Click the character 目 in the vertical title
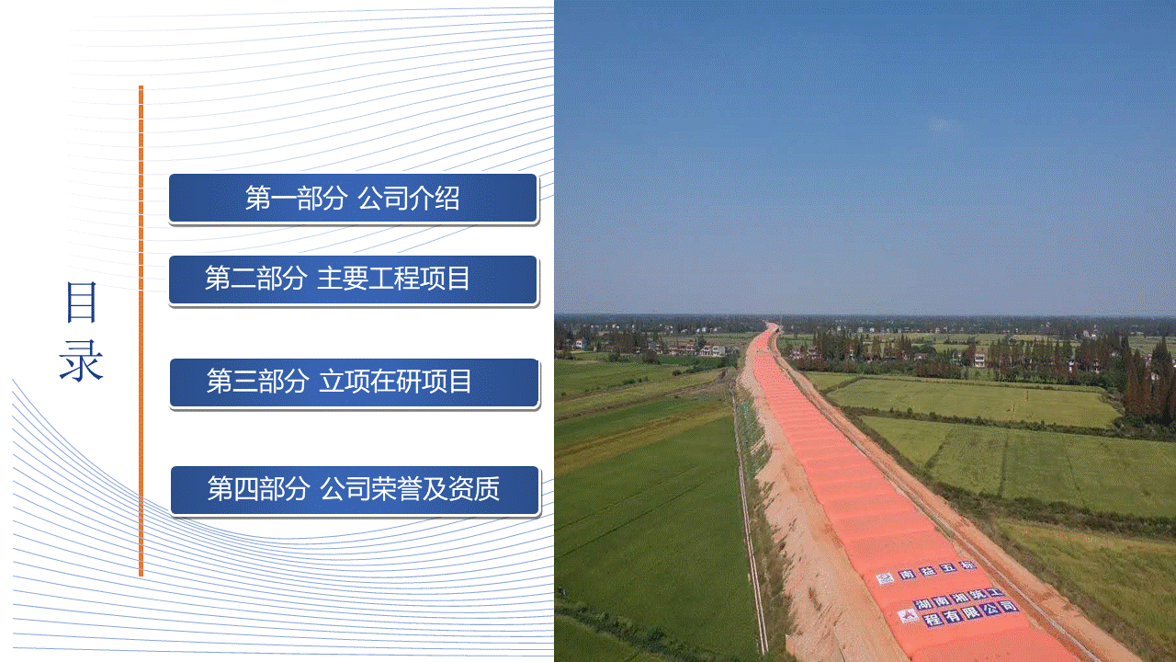tap(82, 302)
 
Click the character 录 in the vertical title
tap(82, 360)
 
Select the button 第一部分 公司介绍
tap(353, 198)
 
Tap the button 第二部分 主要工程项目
tap(353, 280)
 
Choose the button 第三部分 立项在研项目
tap(355, 382)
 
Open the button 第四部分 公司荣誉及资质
tap(355, 490)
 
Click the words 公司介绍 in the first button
tap(409, 199)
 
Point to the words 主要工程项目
tap(393, 279)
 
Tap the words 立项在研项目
tap(395, 382)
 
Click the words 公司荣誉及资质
tap(410, 488)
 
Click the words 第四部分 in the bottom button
tap(258, 488)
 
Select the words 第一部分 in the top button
tap(296, 199)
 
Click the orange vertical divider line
tap(141, 331)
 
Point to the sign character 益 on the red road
tap(928, 571)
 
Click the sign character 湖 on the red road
tap(922, 604)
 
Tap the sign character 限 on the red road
tap(972, 612)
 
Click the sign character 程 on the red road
tap(933, 619)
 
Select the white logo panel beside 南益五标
tap(885, 578)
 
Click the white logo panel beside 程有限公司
tap(908, 616)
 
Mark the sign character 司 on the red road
tap(1010, 606)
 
